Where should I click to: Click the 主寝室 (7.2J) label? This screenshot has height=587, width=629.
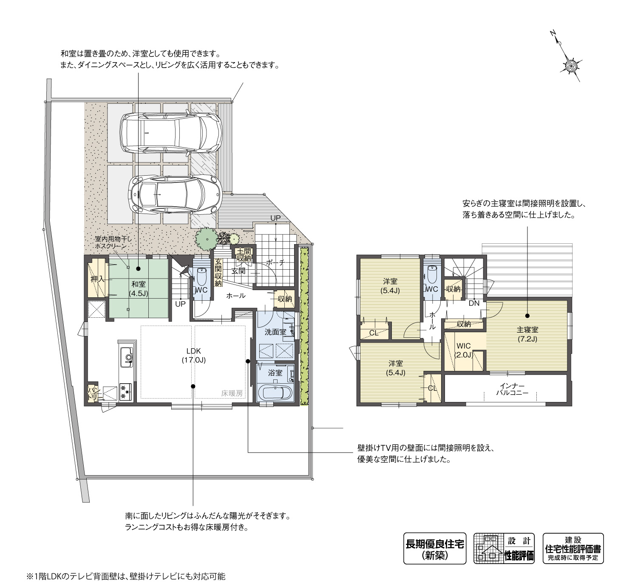coord(527,334)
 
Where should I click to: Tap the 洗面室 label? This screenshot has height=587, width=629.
coord(275,332)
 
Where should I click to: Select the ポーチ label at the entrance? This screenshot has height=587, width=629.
coord(275,263)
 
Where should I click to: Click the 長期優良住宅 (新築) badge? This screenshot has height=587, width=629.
coord(434,548)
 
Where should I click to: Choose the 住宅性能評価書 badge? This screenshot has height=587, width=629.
coord(573,548)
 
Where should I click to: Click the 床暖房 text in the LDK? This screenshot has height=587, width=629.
coord(232,393)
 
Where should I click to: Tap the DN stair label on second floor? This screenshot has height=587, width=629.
coord(474,303)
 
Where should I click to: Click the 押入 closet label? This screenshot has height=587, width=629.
coord(97,279)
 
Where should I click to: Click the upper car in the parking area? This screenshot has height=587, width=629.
coord(171,132)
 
